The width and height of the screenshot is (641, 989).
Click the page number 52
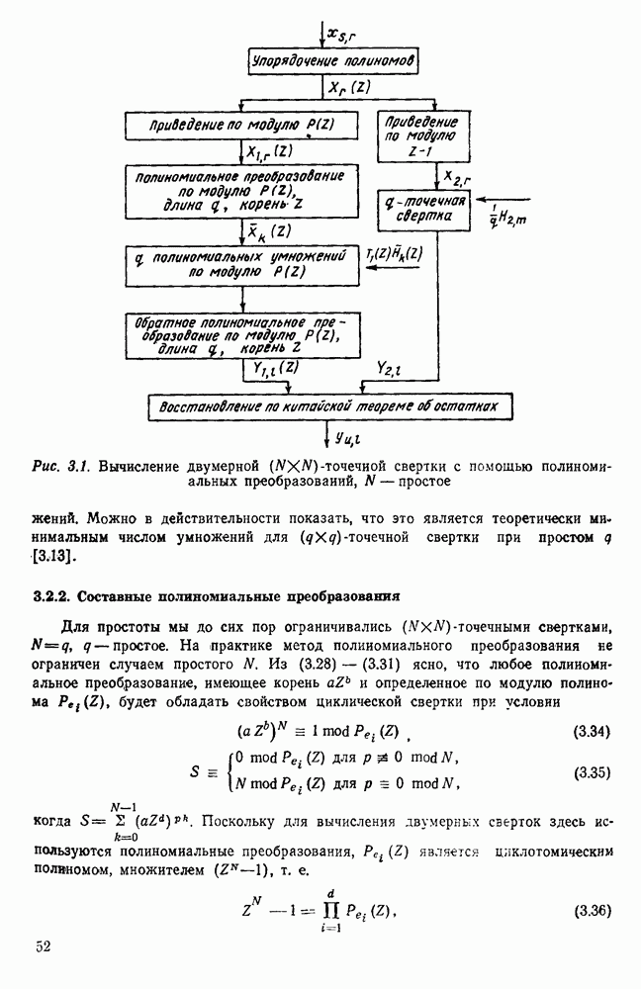[x=45, y=947]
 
